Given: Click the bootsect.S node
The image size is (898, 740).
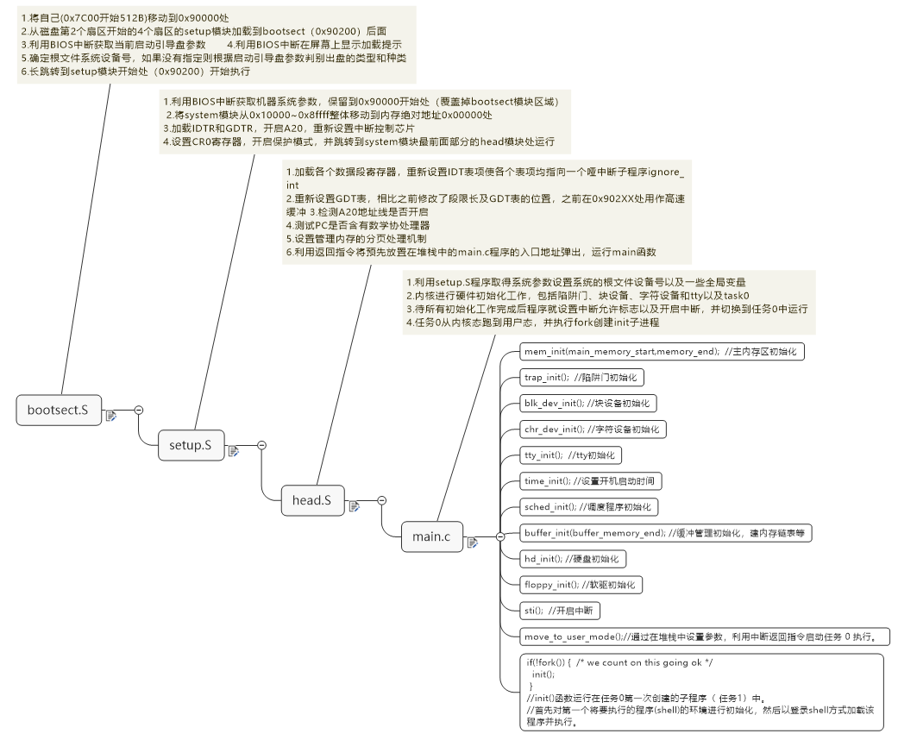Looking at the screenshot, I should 58,410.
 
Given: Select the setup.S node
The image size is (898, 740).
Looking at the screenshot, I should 185,445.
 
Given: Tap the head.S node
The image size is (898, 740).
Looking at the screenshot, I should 311,499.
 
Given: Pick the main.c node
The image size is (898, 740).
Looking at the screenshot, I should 430,536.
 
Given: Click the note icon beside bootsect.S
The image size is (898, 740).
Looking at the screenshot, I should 111,416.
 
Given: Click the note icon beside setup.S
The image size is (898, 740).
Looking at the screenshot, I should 233,451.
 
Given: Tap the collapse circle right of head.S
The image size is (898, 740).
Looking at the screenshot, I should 381,499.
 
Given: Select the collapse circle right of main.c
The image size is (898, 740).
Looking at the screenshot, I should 500,536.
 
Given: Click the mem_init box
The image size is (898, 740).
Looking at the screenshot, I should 663,352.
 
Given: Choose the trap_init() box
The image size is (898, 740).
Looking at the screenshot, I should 582,377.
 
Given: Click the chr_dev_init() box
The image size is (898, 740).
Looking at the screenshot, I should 593,429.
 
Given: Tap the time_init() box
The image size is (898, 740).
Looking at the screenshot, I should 592,480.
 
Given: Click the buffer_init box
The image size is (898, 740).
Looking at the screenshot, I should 665,533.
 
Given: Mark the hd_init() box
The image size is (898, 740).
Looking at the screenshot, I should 571,559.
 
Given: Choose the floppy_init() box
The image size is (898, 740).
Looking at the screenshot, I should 581,585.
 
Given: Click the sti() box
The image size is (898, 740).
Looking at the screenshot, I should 560,611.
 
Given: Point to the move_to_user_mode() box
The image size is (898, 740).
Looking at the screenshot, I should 704,637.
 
